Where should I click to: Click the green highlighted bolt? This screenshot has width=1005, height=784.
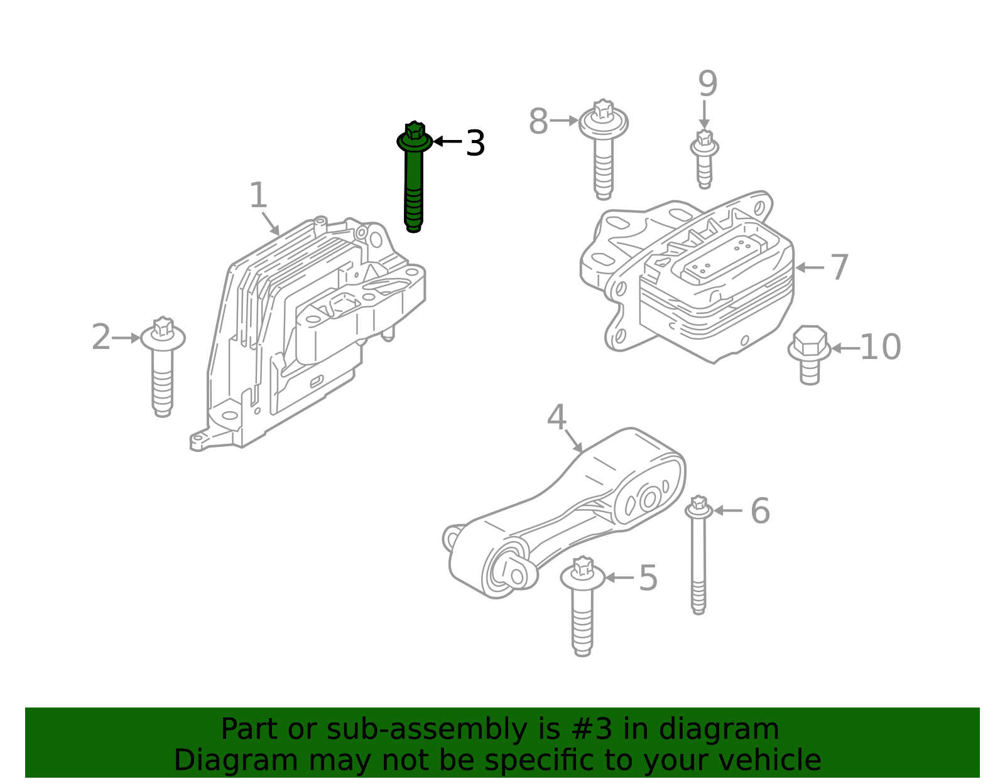click(x=414, y=178)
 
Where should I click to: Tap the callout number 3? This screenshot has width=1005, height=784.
click(x=475, y=143)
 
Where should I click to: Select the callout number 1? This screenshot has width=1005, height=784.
click(x=258, y=195)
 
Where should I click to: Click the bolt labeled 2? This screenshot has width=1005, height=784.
click(x=163, y=367)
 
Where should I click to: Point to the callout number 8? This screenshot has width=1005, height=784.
click(x=538, y=122)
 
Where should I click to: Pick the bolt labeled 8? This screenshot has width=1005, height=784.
click(x=604, y=149)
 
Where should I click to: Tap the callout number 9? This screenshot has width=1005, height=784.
click(x=708, y=83)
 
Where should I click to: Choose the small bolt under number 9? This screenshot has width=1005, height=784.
click(x=704, y=159)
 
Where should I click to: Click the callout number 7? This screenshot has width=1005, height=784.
click(x=840, y=267)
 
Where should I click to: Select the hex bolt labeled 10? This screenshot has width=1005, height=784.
click(x=810, y=355)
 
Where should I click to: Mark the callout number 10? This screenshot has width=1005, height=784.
click(x=881, y=347)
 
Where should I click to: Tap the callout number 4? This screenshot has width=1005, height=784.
click(x=557, y=417)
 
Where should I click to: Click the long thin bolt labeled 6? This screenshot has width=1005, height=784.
click(x=699, y=555)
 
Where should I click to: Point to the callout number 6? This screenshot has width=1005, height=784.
click(x=760, y=511)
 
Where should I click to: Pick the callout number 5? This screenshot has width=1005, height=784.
click(x=648, y=578)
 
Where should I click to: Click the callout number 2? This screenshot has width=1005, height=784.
click(x=101, y=337)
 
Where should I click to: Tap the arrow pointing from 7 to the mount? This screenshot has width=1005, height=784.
click(x=810, y=267)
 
